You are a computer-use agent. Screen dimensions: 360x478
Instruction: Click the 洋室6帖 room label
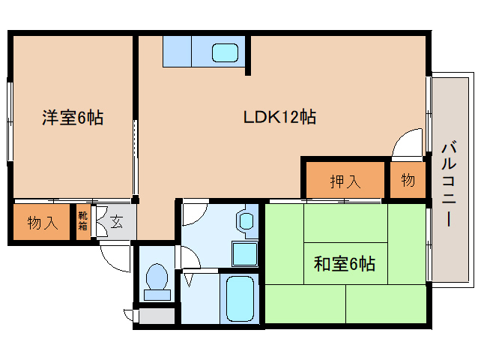[72, 117]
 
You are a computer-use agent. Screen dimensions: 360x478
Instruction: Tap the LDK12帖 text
[279, 117]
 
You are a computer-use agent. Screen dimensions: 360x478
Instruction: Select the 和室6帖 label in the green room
[344, 264]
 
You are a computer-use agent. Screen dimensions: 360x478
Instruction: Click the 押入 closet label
[345, 181]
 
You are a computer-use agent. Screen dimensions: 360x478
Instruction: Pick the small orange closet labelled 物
[408, 180]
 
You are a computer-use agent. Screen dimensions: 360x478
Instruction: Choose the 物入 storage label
[43, 223]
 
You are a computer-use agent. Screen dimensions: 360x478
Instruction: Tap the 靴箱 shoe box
[83, 220]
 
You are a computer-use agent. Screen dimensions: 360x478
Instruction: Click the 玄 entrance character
[118, 221]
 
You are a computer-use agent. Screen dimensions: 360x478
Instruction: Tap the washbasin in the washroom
[246, 221]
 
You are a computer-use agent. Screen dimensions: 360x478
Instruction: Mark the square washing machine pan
[244, 253]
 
